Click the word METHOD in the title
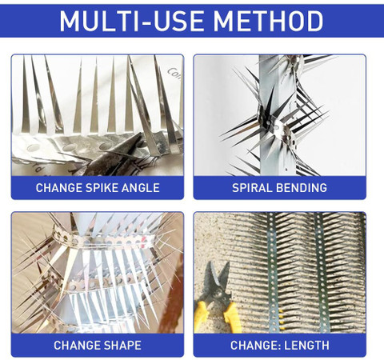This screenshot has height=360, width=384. (x=268, y=21)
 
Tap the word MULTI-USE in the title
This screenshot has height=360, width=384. (x=130, y=21)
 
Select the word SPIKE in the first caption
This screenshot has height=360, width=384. (x=102, y=188)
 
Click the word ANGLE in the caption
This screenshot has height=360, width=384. (x=141, y=188)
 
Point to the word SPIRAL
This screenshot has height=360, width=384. (x=252, y=188)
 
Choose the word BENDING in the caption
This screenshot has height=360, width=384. (x=302, y=188)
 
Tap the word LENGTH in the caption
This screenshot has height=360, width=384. (x=306, y=346)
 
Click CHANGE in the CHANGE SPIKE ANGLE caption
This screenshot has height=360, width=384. (x=59, y=188)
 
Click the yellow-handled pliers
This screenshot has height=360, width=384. (x=217, y=298)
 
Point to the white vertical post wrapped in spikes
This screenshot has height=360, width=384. (x=278, y=114)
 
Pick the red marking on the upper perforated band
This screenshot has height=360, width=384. (x=144, y=239)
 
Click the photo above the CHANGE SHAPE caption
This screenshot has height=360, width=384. (x=98, y=273)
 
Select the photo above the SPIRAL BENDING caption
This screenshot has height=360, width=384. (x=280, y=115)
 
